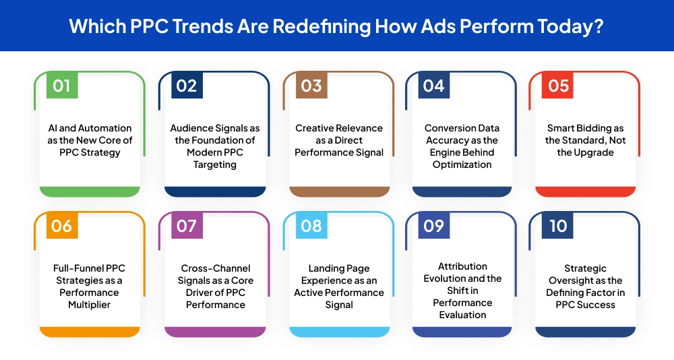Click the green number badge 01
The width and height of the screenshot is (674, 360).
coord(61,86)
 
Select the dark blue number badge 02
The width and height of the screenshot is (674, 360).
coord(186,86)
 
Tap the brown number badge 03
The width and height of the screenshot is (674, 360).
coord(311,86)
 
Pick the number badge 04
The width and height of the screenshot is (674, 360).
coord(433,86)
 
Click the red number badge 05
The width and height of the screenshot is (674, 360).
coord(558,86)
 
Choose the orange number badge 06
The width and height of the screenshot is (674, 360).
coord(61,226)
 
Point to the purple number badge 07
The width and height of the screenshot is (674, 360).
coord(186,226)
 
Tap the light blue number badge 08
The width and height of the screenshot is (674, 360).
coord(311,226)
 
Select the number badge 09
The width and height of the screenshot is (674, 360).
coord(433,226)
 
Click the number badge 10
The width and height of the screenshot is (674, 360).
coord(558,226)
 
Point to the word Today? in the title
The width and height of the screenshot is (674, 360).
coord(570,26)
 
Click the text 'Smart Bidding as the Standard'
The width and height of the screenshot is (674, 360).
coord(585,134)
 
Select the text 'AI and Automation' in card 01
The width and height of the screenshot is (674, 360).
coord(90,128)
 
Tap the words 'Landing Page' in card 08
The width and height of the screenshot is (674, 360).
coord(339,268)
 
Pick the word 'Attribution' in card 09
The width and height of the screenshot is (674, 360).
coord(462,266)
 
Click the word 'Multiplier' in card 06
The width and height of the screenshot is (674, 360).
coord(90,305)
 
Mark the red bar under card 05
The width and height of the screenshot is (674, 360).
coord(585,191)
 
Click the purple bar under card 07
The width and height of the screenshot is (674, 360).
coord(214,332)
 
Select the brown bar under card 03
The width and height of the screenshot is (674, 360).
coord(339,191)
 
